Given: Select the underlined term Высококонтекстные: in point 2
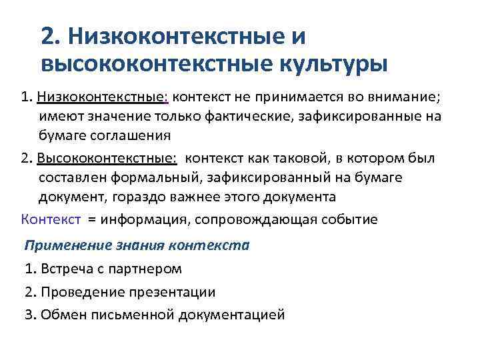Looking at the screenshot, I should (x=107, y=158).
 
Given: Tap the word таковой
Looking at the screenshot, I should (x=299, y=158).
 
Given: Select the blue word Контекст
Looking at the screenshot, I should (x=51, y=219).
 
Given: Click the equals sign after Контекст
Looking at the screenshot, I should (x=91, y=220).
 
